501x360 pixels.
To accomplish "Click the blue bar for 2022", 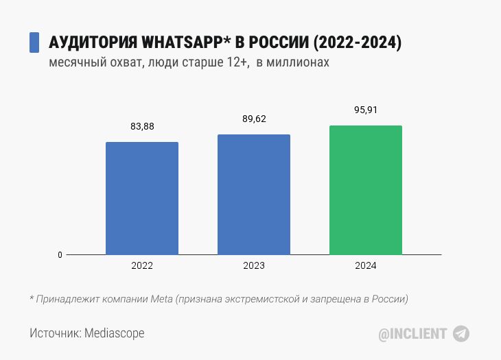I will (x=142, y=198).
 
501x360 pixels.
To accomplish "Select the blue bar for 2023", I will (x=254, y=195).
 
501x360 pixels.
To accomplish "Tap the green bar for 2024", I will (x=366, y=190).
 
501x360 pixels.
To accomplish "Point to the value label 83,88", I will (x=142, y=126).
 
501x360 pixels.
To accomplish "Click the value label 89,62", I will (x=254, y=119).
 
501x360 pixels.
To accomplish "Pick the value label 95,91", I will (x=366, y=110).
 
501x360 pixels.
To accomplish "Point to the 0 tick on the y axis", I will (x=60, y=255).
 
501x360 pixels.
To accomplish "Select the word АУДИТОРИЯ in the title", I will (x=93, y=43).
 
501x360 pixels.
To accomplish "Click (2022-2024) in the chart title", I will (x=357, y=43).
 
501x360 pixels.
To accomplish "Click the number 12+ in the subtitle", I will (x=234, y=62).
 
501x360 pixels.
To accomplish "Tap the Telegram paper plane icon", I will (x=461, y=334).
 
